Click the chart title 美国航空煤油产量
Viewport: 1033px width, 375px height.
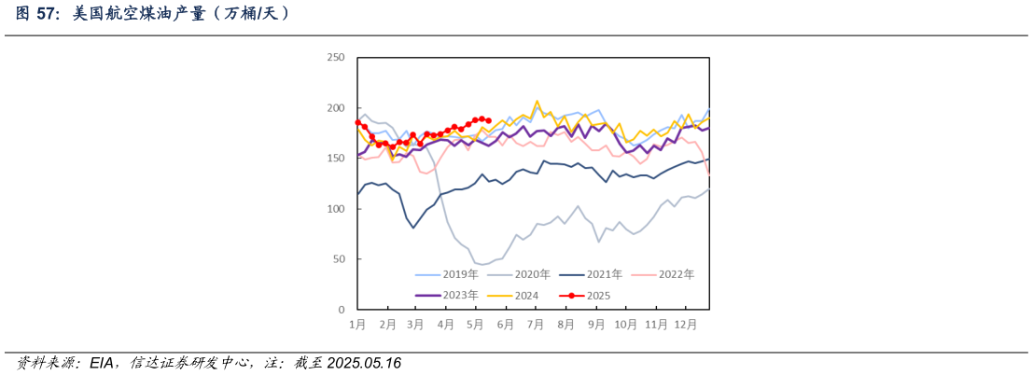pos(154,13)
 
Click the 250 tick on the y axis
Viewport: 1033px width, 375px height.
pos(336,58)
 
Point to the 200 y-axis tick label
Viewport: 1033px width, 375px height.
pos(336,108)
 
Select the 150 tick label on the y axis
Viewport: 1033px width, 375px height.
pos(336,159)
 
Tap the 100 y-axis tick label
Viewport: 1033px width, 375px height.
pos(336,209)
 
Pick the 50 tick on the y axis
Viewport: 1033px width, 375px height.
pos(339,259)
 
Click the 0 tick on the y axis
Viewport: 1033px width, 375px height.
pos(342,310)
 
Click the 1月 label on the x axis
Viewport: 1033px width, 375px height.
pos(357,325)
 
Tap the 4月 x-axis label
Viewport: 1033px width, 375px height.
pos(446,325)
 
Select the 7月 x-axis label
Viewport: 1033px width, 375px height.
pos(536,325)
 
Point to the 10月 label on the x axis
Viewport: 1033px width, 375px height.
pos(625,325)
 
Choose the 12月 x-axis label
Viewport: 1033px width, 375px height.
pos(686,325)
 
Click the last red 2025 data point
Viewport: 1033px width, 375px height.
pos(488,120)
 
